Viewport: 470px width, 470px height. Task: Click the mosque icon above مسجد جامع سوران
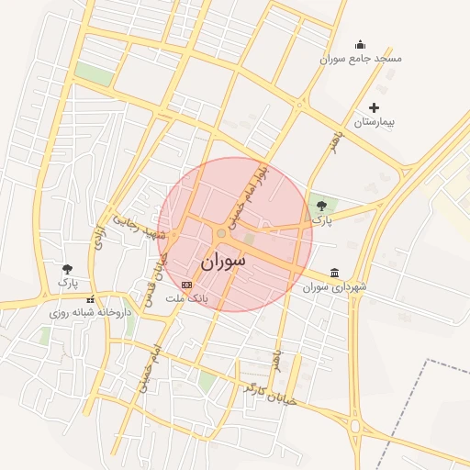click(x=360, y=44)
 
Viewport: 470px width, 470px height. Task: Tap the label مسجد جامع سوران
click(x=361, y=59)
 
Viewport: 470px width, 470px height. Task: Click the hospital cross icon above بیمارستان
click(x=374, y=108)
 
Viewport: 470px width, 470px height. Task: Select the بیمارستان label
click(x=374, y=122)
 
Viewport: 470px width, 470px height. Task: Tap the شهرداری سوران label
click(x=335, y=287)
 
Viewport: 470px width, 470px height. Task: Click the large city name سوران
click(x=222, y=261)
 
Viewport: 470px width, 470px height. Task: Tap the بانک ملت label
click(x=187, y=299)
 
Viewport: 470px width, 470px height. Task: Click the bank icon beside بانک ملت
click(x=187, y=285)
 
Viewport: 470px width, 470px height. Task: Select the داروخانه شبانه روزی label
click(x=91, y=312)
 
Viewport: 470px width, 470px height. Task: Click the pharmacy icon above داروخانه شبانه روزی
click(x=90, y=298)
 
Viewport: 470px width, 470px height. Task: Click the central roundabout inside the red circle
click(x=221, y=233)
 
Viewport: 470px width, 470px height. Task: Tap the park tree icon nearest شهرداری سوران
click(x=320, y=206)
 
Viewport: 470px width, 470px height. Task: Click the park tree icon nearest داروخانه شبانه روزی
click(x=67, y=269)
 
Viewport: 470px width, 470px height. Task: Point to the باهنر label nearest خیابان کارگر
click(x=276, y=358)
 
